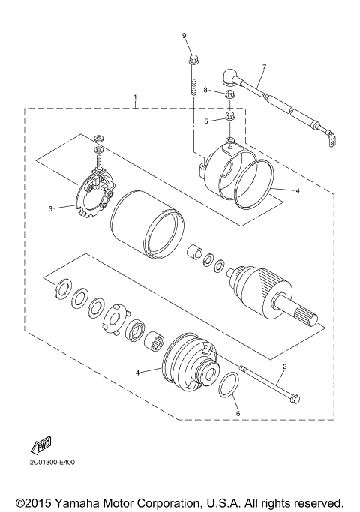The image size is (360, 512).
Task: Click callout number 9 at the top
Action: click(x=184, y=35)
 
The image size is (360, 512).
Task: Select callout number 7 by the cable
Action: click(x=264, y=67)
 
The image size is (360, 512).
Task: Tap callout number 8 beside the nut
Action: click(x=205, y=91)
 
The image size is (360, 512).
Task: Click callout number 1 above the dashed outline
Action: click(x=135, y=97)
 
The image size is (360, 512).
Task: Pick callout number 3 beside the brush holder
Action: click(x=51, y=208)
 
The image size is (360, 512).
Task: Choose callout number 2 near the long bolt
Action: click(x=284, y=367)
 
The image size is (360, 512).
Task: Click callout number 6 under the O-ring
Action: click(x=238, y=413)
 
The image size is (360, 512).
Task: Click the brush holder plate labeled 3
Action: click(x=91, y=198)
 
